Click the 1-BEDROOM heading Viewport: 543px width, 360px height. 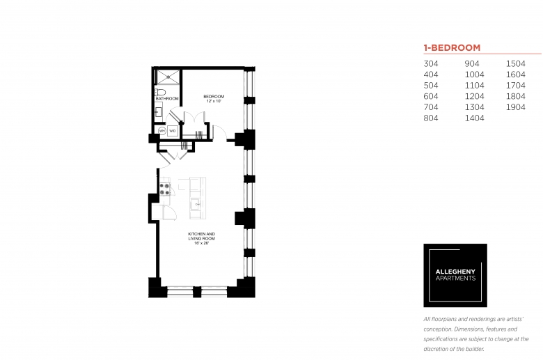click(x=452, y=47)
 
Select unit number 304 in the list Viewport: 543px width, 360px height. click(x=431, y=64)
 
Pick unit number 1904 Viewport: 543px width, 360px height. click(x=516, y=107)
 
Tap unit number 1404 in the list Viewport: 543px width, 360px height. click(x=475, y=118)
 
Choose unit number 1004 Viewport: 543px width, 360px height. click(x=475, y=75)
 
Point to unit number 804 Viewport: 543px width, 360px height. click(x=431, y=118)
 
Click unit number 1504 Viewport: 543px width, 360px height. click(x=516, y=64)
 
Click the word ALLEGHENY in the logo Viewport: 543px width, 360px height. click(x=455, y=272)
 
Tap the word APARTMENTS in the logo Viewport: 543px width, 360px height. click(x=455, y=279)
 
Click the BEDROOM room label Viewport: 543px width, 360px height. click(x=214, y=96)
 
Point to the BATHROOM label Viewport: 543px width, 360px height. click(x=167, y=99)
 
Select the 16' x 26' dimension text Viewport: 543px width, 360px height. click(x=202, y=243)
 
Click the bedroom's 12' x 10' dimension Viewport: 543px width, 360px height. click(x=214, y=101)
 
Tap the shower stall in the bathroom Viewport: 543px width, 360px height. click(x=168, y=77)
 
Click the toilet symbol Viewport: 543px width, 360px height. click(x=160, y=92)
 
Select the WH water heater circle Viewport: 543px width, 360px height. click(x=162, y=131)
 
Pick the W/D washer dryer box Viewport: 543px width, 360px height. click(x=173, y=131)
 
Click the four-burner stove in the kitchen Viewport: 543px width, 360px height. click(x=165, y=189)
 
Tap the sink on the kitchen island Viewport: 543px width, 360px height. click(x=197, y=205)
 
